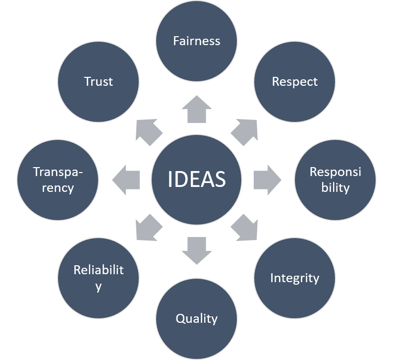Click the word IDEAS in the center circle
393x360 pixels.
coord(197,179)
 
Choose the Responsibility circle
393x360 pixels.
coord(336,179)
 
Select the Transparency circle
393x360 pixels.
coord(58,179)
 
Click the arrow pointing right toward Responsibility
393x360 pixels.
coord(267,179)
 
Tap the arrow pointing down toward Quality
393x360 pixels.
coord(197,249)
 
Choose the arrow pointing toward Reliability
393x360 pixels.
coord(149,228)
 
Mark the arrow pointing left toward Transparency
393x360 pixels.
coord(127,179)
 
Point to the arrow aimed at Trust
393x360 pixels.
coord(149,131)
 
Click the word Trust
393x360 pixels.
coord(99,81)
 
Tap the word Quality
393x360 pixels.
coord(197,318)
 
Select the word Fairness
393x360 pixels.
coord(197,41)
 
